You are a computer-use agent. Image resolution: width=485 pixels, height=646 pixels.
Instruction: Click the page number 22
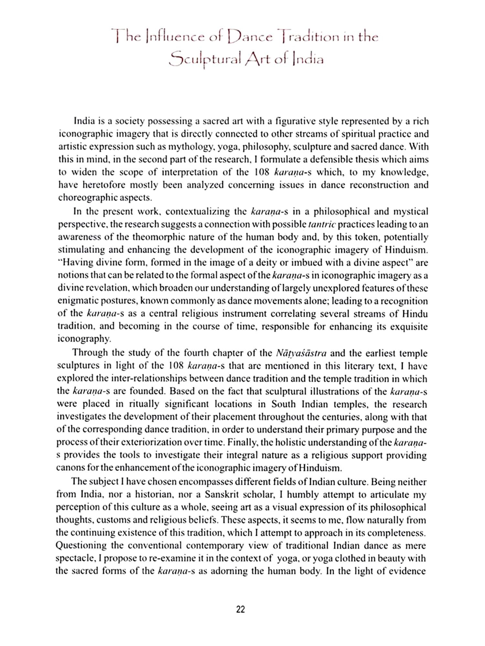241,610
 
